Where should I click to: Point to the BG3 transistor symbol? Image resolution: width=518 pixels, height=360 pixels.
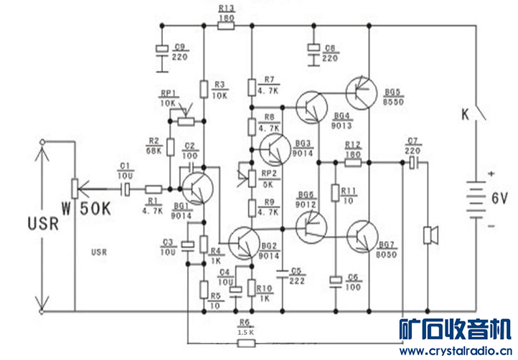click(x=273, y=148)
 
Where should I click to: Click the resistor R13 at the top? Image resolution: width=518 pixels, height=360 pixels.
click(x=225, y=27)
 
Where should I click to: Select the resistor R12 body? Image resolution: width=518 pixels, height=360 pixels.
click(x=352, y=163)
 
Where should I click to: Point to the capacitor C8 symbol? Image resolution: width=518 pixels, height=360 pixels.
click(x=314, y=49)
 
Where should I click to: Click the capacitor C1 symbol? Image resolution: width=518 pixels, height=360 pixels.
click(x=125, y=189)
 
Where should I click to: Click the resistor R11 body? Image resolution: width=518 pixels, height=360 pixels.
click(x=334, y=192)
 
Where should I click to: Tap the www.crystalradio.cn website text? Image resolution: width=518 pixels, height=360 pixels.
click(x=456, y=351)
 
